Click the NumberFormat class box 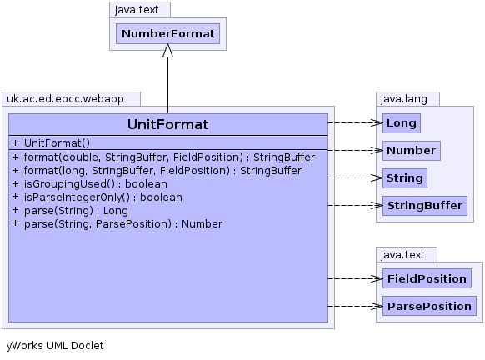click(x=167, y=33)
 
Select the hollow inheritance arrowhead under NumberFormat click(x=168, y=50)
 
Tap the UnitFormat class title click(x=168, y=124)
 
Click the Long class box click(x=402, y=123)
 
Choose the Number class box click(x=412, y=151)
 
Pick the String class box click(x=405, y=178)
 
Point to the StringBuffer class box click(x=425, y=206)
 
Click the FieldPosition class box click(x=427, y=278)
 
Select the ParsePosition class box click(x=429, y=306)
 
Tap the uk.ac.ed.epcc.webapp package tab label click(x=65, y=99)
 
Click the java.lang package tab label click(x=403, y=99)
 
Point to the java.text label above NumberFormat click(x=137, y=10)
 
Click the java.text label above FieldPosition click(x=402, y=255)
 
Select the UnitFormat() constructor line click(x=51, y=143)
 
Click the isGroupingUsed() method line click(x=90, y=184)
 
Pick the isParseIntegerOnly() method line click(x=97, y=197)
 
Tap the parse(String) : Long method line click(x=70, y=211)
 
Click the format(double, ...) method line click(x=163, y=157)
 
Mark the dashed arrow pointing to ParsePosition click(x=355, y=306)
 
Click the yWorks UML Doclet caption click(x=55, y=346)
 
